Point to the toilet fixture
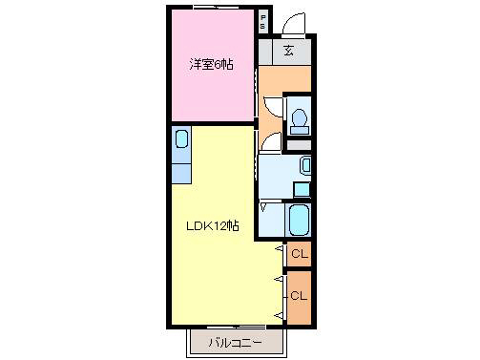point(299,118)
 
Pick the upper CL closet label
point(298,254)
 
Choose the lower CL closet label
point(298,295)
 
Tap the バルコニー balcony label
point(233,342)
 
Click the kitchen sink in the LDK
point(182,138)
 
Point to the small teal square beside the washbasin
point(301,188)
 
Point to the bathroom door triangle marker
point(263,205)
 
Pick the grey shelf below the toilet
point(299,144)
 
